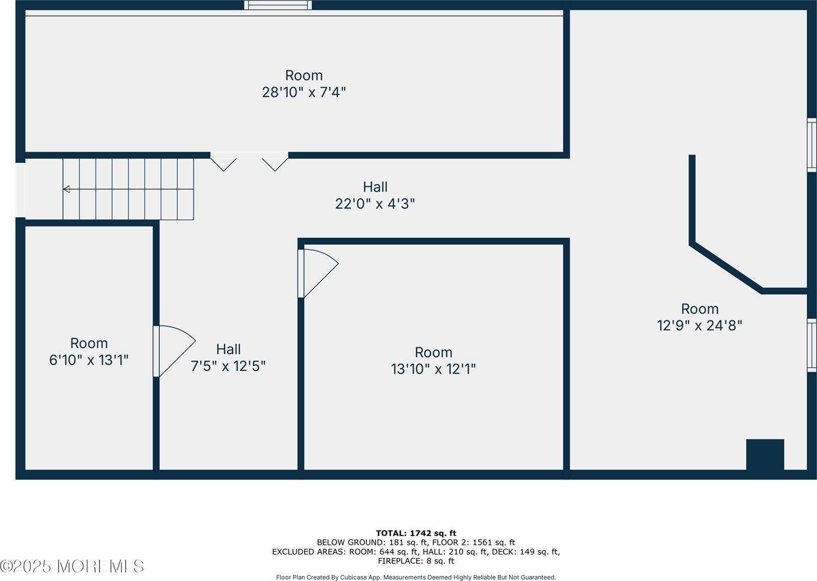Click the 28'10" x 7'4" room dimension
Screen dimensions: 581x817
pos(304,92)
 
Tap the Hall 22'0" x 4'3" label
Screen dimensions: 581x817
pos(375,195)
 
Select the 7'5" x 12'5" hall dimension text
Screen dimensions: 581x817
pos(228,366)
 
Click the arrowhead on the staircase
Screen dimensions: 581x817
pos(66,189)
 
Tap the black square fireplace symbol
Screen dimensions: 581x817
pos(765,454)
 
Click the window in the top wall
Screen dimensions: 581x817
pos(278,5)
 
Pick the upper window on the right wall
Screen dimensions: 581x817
pos(811,145)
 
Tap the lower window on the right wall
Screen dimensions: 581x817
pos(811,345)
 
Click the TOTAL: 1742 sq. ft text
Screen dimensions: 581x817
pos(416,534)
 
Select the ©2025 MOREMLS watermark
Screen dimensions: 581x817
pos(72,566)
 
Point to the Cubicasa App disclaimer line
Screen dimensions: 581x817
pos(416,577)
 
